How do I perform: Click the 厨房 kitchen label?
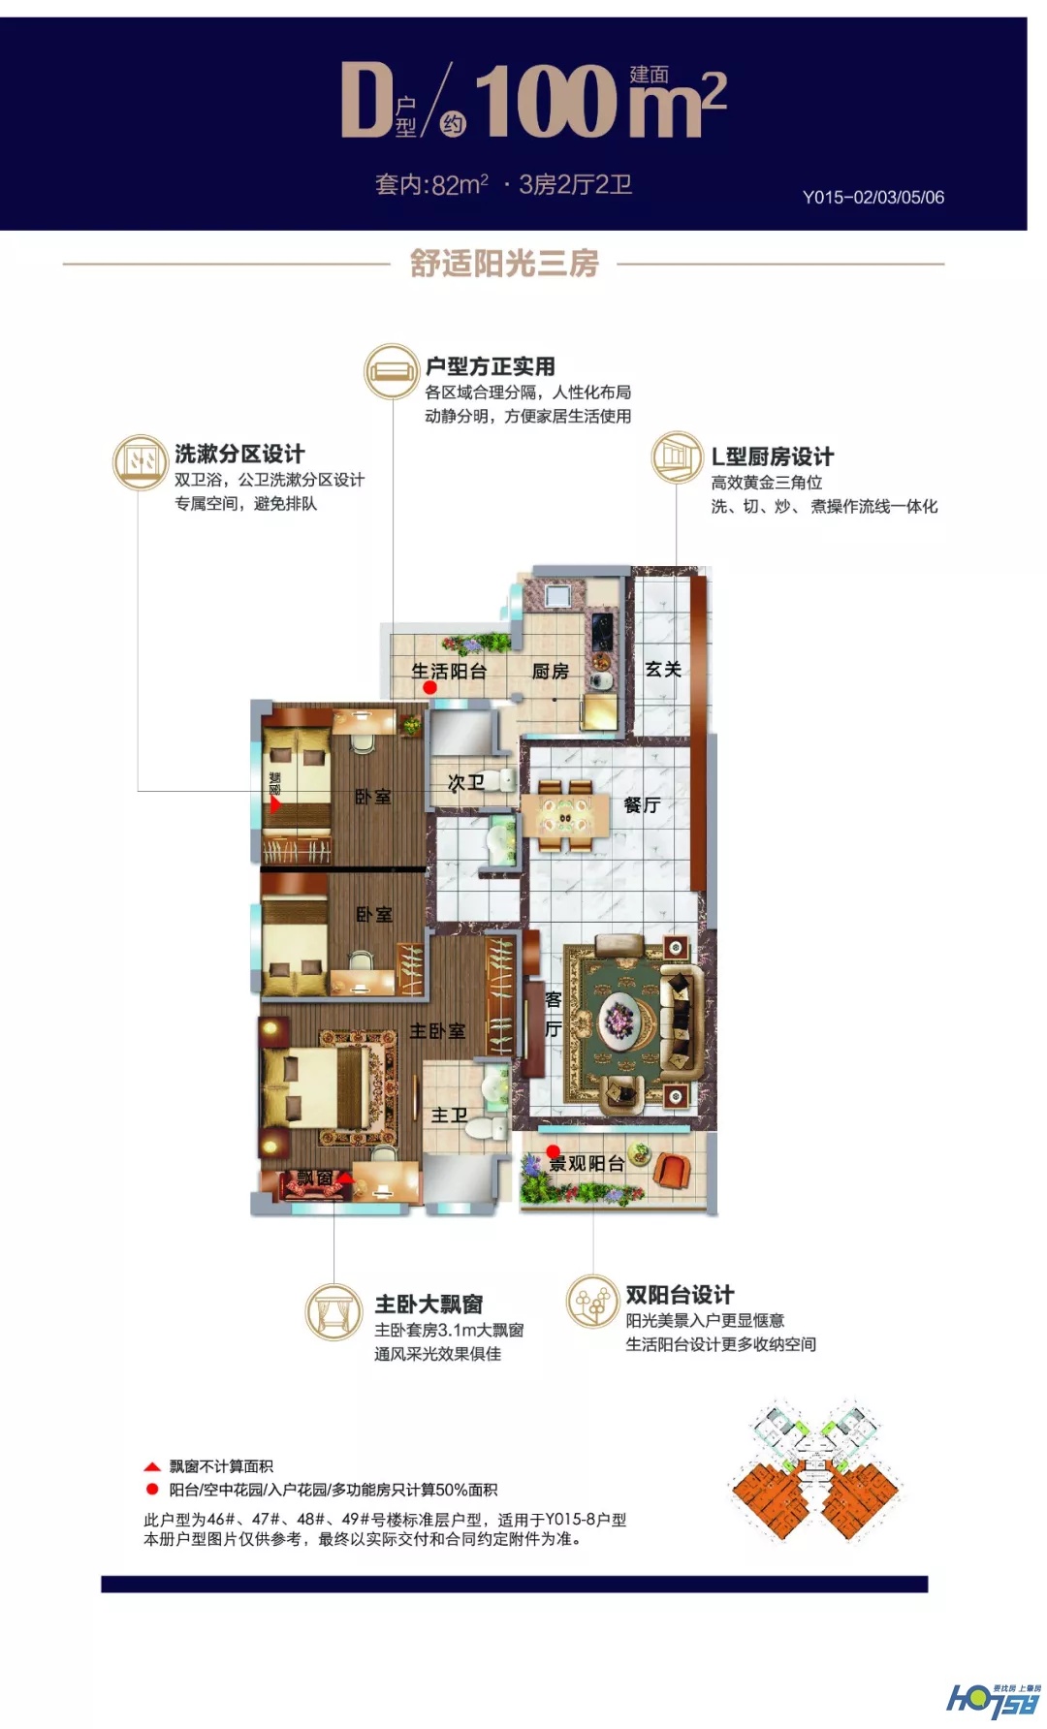pos(550,671)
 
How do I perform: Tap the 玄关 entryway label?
pos(663,669)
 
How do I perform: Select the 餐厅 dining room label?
pos(642,804)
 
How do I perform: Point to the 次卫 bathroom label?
pos(465,782)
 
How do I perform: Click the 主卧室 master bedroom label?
pos(437,1031)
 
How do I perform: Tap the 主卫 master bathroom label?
pos(449,1116)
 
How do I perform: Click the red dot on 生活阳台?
pos(430,687)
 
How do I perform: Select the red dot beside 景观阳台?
pos(554,1151)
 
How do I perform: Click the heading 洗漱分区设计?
pos(239,454)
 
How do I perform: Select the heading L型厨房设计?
pos(772,456)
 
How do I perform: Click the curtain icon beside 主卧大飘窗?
pos(334,1312)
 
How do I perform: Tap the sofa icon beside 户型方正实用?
pos(391,371)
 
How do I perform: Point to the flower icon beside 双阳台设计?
pos(592,1301)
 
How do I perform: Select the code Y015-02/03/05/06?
pos(872,197)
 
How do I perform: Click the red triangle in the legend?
pos(152,1466)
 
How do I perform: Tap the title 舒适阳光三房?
pos(504,263)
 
